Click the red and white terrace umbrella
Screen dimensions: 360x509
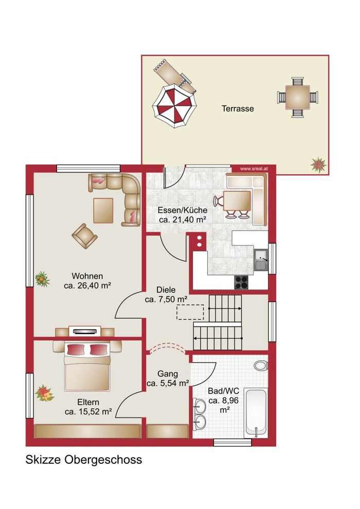coord(174,106)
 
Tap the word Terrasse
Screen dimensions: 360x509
coord(238,108)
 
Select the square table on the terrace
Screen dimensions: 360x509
coord(297,97)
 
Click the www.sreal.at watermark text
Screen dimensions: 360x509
coord(254,169)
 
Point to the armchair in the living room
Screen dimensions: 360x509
coord(84,236)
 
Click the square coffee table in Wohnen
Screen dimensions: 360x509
coord(103,210)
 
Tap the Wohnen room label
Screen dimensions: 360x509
coord(87,276)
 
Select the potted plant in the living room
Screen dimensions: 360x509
coord(42,279)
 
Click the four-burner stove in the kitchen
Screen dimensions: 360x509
coord(241,282)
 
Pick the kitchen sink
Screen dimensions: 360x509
coord(261,260)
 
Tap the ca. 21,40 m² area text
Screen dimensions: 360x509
coord(183,220)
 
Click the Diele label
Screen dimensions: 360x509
coord(166,290)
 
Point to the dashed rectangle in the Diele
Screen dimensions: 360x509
coord(190,312)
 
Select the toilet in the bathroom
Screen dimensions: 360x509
coord(261,366)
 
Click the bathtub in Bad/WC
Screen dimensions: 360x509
coord(257,413)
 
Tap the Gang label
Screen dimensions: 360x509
coord(168,374)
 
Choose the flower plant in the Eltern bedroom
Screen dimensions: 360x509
coord(44,393)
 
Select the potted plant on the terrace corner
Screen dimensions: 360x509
coord(318,165)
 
